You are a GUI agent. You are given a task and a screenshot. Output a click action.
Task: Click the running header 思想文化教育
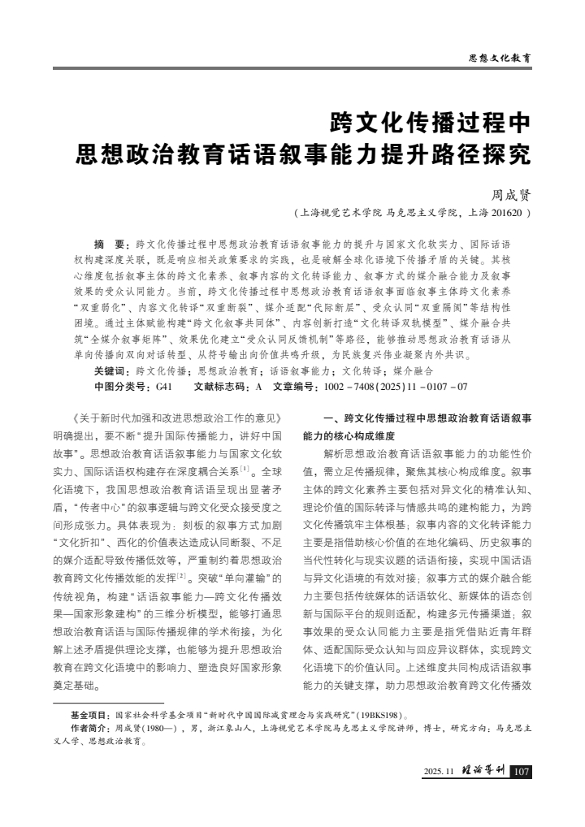500,58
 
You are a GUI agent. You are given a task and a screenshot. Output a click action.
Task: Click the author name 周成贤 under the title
510,196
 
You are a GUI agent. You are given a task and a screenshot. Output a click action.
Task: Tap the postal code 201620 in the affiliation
508,214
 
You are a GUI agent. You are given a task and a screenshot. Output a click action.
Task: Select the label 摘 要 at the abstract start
111,244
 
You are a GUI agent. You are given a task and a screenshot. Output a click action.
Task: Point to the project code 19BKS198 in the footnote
380,715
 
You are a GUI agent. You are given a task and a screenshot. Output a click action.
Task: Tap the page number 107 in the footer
522,771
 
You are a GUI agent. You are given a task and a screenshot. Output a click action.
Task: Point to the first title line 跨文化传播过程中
429,123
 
